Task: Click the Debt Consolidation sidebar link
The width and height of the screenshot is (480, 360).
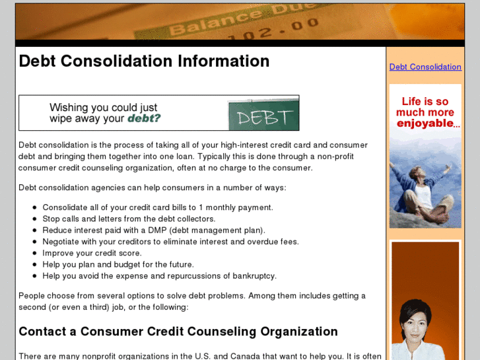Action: pos(425,67)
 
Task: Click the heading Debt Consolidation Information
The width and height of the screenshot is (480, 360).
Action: pos(144,61)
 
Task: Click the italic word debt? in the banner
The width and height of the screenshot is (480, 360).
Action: pos(144,119)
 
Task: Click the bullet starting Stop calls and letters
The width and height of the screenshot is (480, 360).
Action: pos(129,219)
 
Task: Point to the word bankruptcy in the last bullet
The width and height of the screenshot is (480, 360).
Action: pos(254,276)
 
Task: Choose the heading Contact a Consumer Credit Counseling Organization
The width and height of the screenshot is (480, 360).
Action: pos(178,332)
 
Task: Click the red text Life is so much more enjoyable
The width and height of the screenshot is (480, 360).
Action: pos(425,112)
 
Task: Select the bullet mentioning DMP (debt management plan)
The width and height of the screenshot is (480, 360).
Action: pos(154,230)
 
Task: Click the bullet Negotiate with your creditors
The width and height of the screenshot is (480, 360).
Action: pos(170,242)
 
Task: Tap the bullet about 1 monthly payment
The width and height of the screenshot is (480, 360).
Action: pos(158,207)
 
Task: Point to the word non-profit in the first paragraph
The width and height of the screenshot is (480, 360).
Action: pos(331,157)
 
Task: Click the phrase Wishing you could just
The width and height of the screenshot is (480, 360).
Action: pos(104,107)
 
